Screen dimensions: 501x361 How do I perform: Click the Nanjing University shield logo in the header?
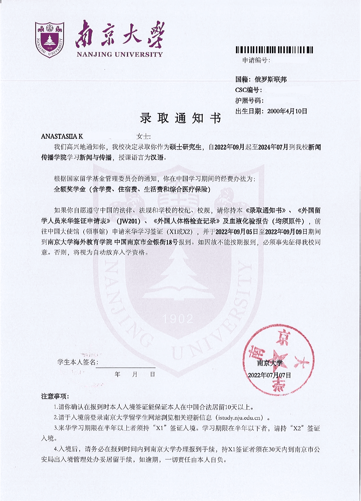point(49,40)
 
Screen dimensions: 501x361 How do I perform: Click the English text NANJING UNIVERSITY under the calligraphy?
point(120,54)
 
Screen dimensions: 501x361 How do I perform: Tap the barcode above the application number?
point(274,50)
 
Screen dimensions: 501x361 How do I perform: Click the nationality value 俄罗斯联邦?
point(270,79)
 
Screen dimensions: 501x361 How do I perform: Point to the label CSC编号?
point(248,90)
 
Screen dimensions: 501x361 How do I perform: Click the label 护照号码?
point(249,101)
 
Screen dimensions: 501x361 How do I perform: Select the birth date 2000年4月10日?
point(287,111)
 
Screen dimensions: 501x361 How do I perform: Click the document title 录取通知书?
point(180,118)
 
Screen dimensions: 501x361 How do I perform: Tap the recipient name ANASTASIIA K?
point(62,136)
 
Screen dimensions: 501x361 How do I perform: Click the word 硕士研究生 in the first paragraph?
point(185,147)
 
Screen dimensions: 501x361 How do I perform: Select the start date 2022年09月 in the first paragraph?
point(229,147)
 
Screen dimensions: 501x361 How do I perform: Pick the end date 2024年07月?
point(273,147)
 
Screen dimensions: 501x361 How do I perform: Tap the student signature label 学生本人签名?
point(77,362)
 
